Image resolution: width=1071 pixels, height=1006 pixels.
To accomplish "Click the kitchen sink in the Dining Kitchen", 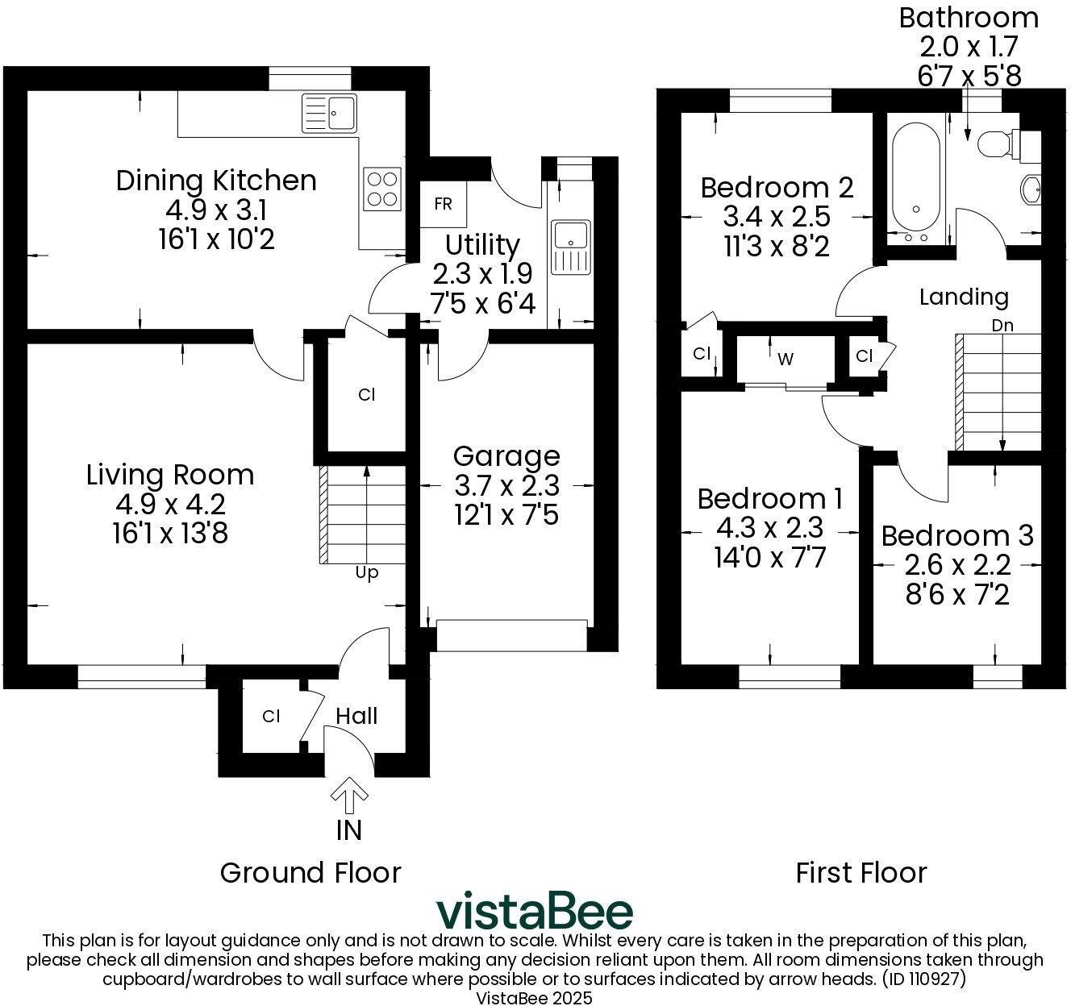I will point(330,113).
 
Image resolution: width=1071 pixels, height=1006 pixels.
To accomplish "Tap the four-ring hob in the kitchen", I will point(382,189).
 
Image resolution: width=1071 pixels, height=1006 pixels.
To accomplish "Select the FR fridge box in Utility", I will point(443,204).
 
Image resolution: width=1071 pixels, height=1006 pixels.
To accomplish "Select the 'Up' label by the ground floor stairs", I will point(367,573).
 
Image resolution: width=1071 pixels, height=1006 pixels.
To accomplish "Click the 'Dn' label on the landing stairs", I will point(1002,326).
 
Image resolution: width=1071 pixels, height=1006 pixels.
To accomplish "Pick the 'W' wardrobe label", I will point(786,359).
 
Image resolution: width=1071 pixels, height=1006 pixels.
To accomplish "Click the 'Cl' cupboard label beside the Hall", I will point(271,716).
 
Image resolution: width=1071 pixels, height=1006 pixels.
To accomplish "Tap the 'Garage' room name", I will point(506,456).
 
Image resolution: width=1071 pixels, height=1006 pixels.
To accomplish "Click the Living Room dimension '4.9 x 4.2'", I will point(170,504).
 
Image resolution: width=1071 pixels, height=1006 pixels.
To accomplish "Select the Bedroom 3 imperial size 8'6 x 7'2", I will point(956,595).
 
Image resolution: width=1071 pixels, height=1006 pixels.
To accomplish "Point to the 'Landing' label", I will point(964,297).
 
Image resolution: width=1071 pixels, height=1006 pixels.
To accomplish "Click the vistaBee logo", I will point(535,912).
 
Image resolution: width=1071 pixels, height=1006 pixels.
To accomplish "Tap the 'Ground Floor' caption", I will point(310,872).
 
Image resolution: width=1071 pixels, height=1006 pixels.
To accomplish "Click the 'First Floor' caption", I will point(861,872).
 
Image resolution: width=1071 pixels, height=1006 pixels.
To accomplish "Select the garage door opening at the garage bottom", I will point(511,635).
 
